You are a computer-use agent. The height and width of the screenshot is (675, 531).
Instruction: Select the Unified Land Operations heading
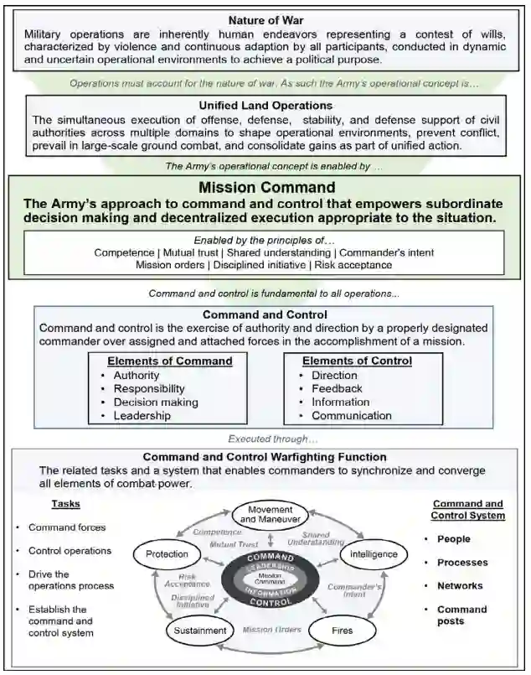point(265,106)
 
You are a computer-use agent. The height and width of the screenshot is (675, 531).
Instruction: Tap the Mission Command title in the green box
point(265,187)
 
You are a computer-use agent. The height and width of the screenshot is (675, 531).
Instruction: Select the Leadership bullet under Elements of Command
point(142,415)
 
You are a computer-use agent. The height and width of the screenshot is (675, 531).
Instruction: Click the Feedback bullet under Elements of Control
point(337,388)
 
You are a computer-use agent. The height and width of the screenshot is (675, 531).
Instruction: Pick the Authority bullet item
point(136,375)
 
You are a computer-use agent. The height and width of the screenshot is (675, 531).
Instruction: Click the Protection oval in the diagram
point(167,554)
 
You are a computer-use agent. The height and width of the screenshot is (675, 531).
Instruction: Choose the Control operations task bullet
point(70,551)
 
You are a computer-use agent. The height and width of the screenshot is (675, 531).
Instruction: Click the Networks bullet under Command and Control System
point(459,585)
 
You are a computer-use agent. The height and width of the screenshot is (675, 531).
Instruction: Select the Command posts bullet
point(461,615)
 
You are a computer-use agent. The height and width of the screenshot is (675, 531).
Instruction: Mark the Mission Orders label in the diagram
point(271,628)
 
